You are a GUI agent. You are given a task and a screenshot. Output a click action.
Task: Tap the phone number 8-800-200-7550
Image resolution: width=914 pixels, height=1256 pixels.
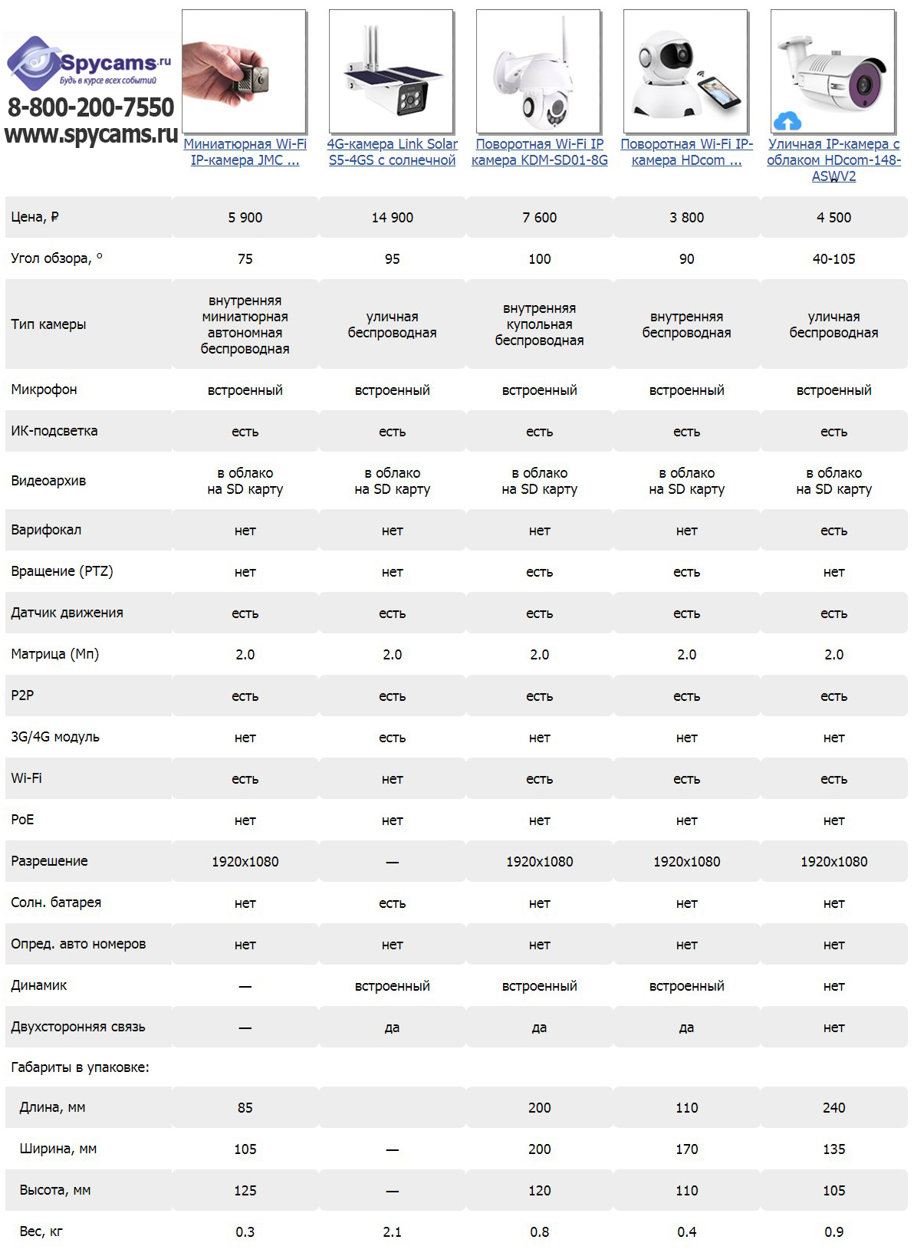click(x=90, y=107)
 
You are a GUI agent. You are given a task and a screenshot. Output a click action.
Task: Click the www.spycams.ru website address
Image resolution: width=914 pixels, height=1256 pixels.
click(x=90, y=134)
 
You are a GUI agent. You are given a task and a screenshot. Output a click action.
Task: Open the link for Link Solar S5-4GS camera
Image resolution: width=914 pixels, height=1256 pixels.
click(x=392, y=152)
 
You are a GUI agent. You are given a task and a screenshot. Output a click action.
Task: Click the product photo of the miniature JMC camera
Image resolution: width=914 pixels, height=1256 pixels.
click(x=244, y=71)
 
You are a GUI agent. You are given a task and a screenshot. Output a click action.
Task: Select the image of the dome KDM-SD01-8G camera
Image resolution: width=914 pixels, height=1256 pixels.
click(x=538, y=71)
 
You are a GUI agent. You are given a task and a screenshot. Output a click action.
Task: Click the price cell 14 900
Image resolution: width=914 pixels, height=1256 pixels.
click(x=392, y=218)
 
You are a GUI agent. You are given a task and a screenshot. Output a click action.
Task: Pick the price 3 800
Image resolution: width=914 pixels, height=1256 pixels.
click(x=686, y=218)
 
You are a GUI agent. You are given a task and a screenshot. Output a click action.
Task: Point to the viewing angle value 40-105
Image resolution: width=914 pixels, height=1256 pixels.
click(x=833, y=259)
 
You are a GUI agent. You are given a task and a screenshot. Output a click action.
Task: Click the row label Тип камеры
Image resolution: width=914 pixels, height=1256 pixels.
click(x=48, y=324)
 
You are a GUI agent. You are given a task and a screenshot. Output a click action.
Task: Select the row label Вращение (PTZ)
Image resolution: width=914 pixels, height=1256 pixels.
click(x=62, y=571)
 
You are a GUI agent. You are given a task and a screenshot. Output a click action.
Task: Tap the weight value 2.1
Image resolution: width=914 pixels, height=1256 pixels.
click(x=392, y=1231)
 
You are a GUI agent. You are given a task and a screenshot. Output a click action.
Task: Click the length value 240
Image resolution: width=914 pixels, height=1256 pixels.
click(x=833, y=1107)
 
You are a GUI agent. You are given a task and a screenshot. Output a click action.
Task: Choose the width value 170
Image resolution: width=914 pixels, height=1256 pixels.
click(x=686, y=1149)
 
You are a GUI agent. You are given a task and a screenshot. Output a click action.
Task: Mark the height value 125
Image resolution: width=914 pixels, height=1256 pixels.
click(x=245, y=1190)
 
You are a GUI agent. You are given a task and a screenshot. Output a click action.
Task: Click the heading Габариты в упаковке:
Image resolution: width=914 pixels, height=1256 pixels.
click(x=80, y=1067)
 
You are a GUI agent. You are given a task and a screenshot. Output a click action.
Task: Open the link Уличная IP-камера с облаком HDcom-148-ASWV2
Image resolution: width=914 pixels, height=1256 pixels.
click(x=833, y=159)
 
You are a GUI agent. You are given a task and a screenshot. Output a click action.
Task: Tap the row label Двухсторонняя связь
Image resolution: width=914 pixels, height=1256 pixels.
click(x=77, y=1027)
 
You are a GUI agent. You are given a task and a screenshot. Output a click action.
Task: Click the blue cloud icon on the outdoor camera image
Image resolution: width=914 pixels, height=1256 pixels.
click(x=787, y=121)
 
